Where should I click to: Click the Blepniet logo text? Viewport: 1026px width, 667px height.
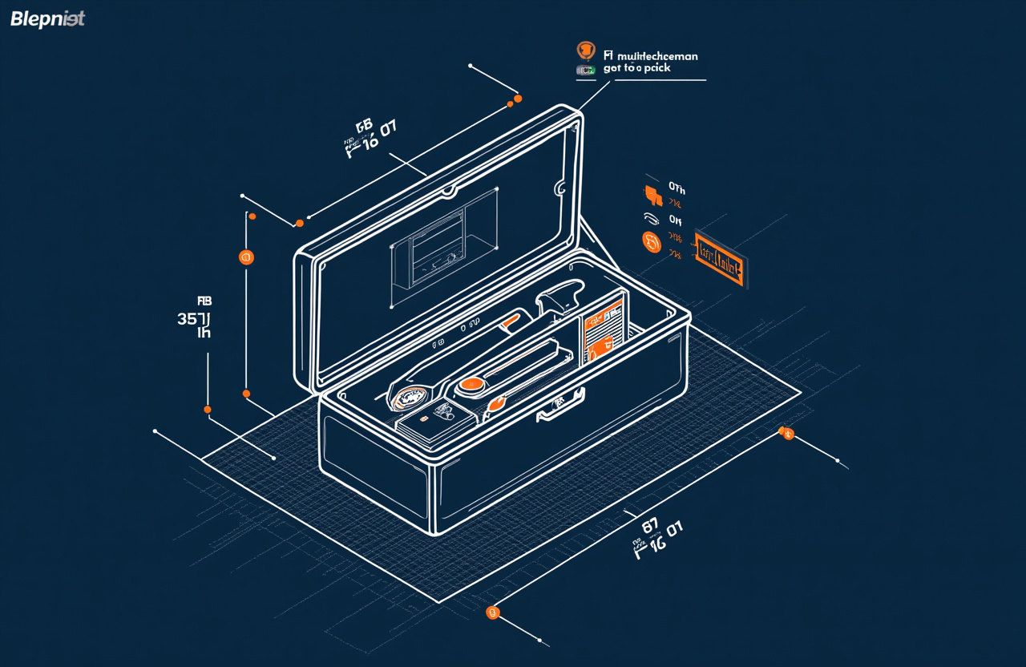(x=47, y=19)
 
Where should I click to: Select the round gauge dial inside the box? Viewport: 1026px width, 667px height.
(x=410, y=396)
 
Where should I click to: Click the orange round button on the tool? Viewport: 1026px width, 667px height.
(x=471, y=386)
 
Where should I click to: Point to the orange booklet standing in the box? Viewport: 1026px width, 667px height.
(x=603, y=329)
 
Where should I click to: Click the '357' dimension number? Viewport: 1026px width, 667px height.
(x=192, y=318)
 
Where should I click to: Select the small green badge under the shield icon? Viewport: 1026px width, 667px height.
(x=586, y=71)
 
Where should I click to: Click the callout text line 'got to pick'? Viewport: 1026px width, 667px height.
(x=636, y=69)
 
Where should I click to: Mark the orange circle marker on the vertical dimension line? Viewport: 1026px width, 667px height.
(x=245, y=257)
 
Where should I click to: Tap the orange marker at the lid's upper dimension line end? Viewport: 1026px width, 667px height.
(x=518, y=99)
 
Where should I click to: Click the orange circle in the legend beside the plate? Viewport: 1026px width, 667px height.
(x=652, y=241)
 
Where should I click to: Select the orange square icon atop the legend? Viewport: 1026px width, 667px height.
(x=653, y=192)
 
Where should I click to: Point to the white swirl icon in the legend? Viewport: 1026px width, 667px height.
(x=651, y=217)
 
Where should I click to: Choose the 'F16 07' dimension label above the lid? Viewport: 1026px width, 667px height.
(x=370, y=136)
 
